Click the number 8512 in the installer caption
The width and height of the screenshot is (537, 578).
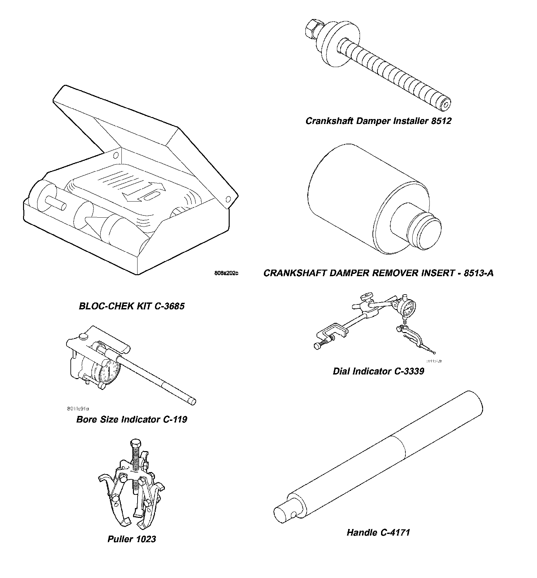coord(441,121)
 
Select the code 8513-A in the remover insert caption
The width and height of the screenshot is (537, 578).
coord(478,273)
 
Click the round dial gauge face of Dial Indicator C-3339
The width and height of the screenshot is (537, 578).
coord(407,308)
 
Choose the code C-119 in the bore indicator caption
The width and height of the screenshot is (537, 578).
coord(175,420)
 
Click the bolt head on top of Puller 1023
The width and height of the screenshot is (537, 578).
coord(135,443)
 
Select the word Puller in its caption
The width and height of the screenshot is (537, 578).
coord(120,539)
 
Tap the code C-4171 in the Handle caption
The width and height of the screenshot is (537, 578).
coord(395,532)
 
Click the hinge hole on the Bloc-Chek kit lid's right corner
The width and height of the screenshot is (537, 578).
coord(228,199)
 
